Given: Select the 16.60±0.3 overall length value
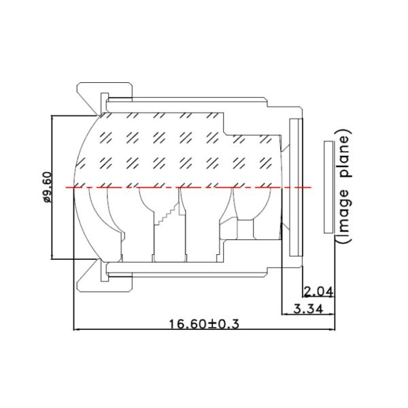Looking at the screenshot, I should pyautogui.click(x=204, y=324).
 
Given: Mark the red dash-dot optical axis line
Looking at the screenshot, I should pyautogui.click(x=190, y=187).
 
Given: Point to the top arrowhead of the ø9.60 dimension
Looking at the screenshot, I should pyautogui.click(x=54, y=118).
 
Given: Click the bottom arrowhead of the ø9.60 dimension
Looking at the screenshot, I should pyautogui.click(x=54, y=257).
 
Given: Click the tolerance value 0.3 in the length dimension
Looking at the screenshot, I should pyautogui.click(x=231, y=324).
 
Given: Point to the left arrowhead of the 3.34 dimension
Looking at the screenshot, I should pyautogui.click(x=284, y=314).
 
